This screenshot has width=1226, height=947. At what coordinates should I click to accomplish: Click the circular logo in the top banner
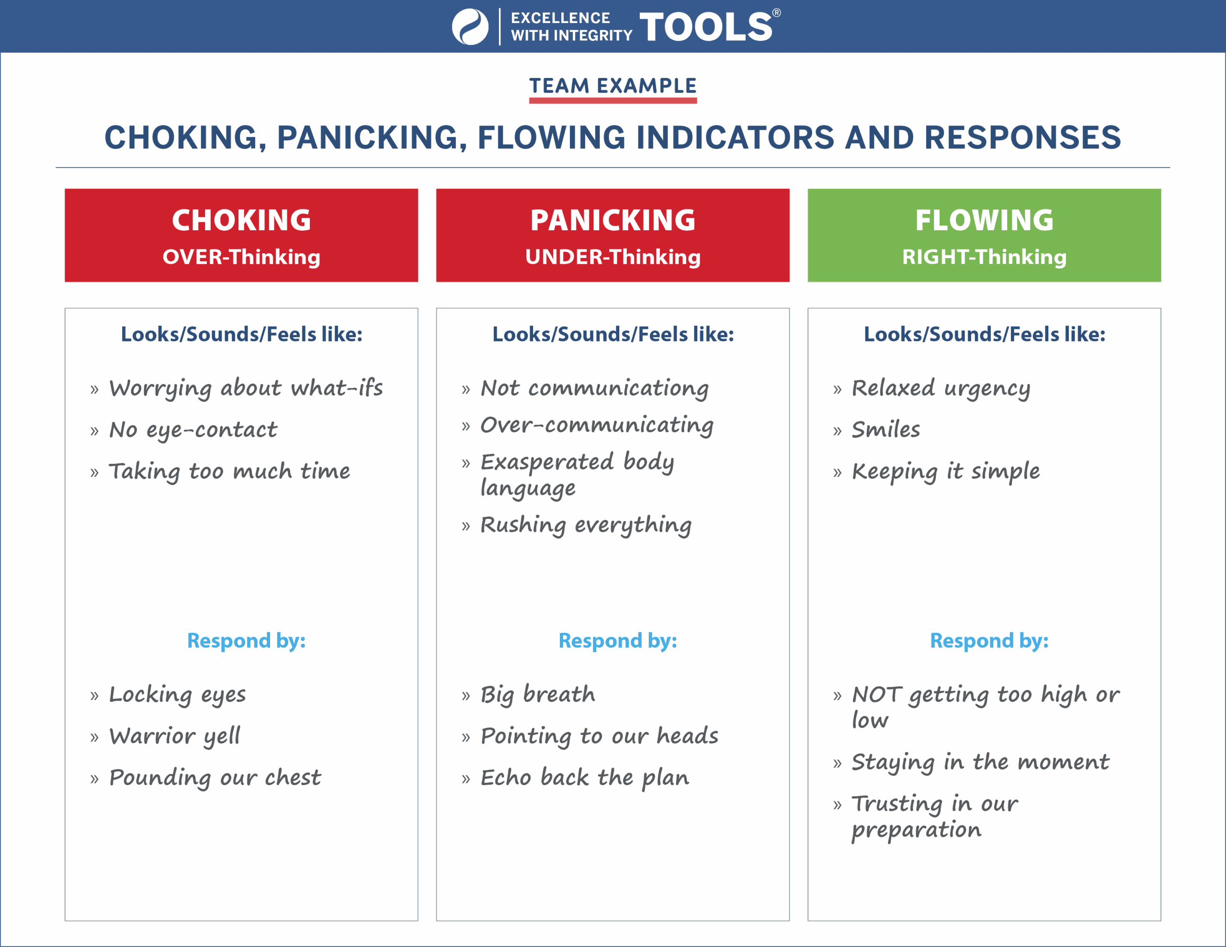click(x=470, y=26)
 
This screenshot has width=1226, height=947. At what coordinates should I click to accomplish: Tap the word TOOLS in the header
click(x=706, y=26)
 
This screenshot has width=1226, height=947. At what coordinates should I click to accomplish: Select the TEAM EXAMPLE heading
click(x=613, y=86)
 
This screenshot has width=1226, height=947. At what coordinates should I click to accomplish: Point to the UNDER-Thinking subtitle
click(x=613, y=257)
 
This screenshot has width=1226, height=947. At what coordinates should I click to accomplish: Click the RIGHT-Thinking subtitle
click(x=985, y=257)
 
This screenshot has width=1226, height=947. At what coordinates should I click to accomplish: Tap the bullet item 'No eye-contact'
click(x=193, y=430)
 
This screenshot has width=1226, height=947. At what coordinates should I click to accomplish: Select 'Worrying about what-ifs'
click(x=246, y=388)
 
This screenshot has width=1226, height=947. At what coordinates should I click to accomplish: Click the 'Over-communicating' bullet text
click(x=597, y=426)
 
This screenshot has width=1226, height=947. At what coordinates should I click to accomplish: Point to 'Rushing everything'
click(x=586, y=525)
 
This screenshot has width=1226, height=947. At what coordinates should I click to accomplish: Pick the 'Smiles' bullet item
click(x=886, y=429)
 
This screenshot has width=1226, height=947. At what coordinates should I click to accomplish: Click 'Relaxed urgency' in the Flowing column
click(x=942, y=388)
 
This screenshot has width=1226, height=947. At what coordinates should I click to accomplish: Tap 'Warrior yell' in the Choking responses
click(x=175, y=736)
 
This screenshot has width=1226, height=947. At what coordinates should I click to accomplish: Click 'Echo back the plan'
click(x=585, y=778)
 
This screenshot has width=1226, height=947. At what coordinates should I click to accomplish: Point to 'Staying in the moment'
click(x=981, y=762)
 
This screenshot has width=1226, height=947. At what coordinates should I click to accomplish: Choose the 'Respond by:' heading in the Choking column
click(x=247, y=641)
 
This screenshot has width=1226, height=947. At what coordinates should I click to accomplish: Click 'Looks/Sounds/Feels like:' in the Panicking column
click(x=613, y=335)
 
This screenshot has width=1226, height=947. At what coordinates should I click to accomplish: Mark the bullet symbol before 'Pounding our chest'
click(x=94, y=779)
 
